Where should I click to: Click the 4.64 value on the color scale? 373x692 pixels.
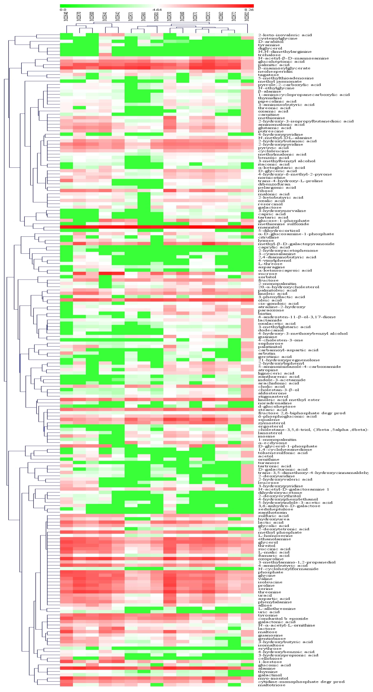157,10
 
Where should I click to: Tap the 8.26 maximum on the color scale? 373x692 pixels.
249,10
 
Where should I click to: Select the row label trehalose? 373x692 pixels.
269,55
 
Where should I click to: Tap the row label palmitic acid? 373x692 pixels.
274,65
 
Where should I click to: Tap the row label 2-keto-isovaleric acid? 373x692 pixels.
285,35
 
